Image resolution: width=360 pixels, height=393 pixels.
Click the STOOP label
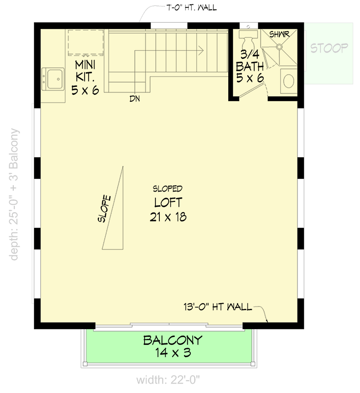(330, 48)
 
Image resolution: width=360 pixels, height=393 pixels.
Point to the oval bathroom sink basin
(289, 81)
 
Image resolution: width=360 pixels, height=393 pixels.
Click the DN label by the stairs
(135, 99)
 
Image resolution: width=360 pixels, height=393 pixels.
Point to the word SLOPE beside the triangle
(105, 209)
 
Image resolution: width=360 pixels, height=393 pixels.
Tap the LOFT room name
(168, 202)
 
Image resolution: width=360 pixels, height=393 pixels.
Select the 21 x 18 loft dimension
(168, 217)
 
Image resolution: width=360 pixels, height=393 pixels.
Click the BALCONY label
(173, 339)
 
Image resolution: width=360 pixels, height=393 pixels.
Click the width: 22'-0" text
(168, 380)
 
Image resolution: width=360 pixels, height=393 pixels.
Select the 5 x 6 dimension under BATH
(250, 78)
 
